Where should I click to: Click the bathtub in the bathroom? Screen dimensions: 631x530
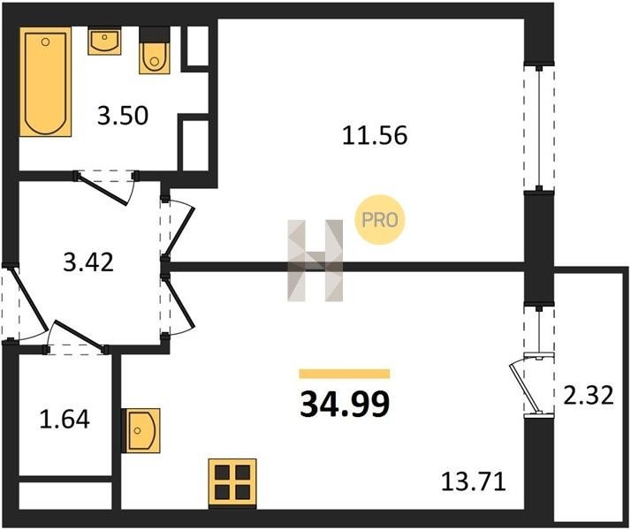(x=45, y=81)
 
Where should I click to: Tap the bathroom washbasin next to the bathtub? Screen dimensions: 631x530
(x=104, y=42)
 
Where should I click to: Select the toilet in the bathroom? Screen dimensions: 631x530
(x=154, y=50)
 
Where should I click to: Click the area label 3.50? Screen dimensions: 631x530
(x=123, y=116)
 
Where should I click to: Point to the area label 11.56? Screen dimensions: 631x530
(x=375, y=135)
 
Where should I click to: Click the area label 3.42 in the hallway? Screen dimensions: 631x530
(x=88, y=262)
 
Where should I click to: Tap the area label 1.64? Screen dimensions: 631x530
(x=65, y=419)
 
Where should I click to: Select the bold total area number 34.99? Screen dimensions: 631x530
(x=345, y=405)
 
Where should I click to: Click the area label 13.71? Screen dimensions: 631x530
(x=474, y=481)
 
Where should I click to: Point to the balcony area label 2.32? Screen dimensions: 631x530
(x=589, y=395)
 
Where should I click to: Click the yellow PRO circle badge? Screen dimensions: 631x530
(x=379, y=220)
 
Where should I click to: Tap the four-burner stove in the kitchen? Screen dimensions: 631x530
(x=232, y=482)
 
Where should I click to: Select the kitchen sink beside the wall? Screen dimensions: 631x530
(x=141, y=431)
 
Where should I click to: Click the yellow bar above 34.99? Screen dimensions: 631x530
(x=345, y=374)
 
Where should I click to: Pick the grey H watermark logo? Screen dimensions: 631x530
(x=315, y=261)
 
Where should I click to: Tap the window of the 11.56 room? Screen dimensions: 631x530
(x=539, y=127)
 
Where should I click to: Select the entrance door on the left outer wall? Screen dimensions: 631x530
(x=28, y=298)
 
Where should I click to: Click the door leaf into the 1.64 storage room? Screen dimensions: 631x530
(x=78, y=333)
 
